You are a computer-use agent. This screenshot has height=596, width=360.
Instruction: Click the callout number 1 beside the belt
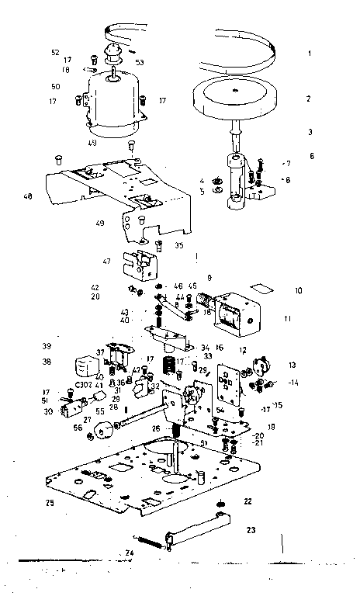pyautogui.click(x=309, y=54)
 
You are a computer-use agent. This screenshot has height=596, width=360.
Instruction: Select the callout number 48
pyautogui.click(x=28, y=196)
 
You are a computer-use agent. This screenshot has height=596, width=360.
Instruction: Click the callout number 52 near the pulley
pyautogui.click(x=55, y=52)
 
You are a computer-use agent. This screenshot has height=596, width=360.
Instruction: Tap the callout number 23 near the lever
pyautogui.click(x=251, y=530)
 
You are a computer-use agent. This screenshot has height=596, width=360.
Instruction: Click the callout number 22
pyautogui.click(x=248, y=501)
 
